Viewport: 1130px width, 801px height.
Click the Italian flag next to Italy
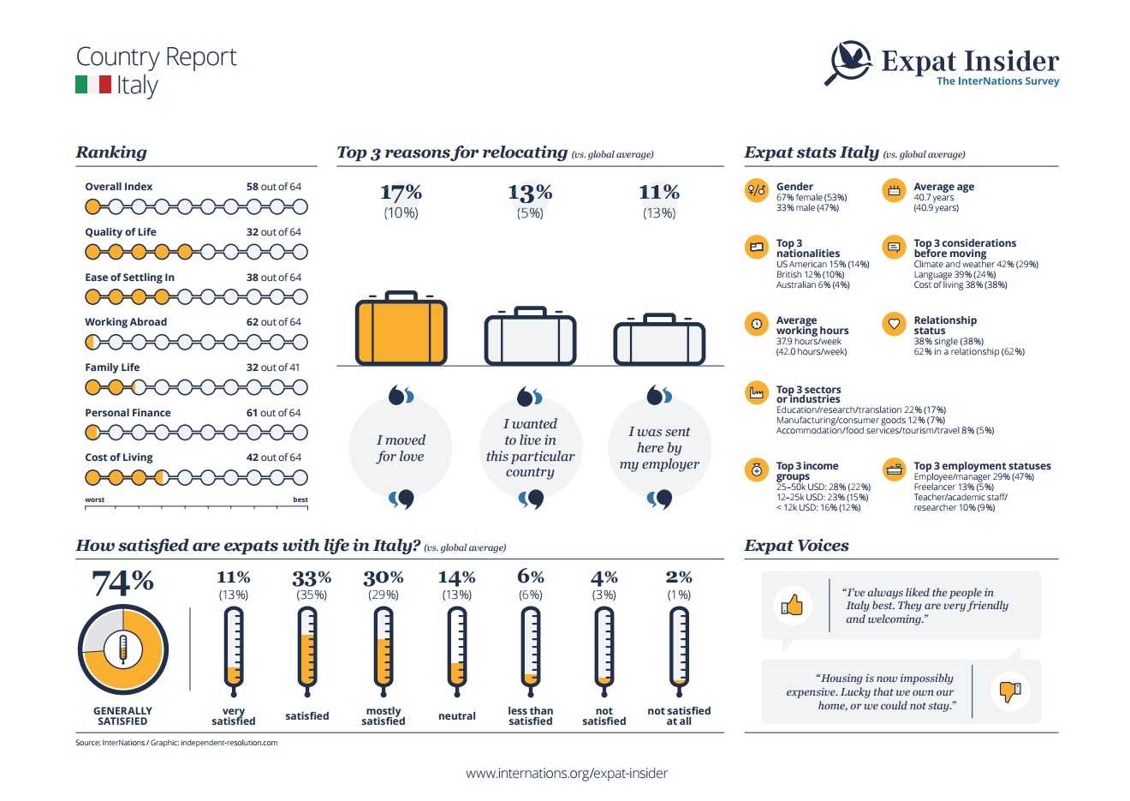[x=93, y=85]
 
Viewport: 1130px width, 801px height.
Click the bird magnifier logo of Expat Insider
[x=849, y=63]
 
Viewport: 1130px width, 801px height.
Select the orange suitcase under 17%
[x=401, y=329]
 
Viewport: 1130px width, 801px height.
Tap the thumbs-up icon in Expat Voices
[x=792, y=606]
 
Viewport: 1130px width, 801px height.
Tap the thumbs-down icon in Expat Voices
[x=1010, y=690]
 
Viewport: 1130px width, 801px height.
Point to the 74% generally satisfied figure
[x=122, y=583]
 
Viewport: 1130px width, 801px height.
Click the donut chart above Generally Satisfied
[x=122, y=649]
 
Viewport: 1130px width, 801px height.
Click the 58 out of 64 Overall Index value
[x=273, y=187]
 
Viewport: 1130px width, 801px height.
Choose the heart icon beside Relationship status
[x=894, y=324]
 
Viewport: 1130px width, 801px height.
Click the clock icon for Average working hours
[x=757, y=324]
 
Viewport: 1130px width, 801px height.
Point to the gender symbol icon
[x=757, y=190]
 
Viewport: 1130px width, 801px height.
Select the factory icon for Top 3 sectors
[x=757, y=393]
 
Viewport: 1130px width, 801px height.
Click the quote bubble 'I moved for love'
[x=401, y=448]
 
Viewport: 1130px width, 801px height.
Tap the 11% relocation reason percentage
[x=658, y=193]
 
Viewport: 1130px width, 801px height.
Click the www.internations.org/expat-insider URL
[x=566, y=773]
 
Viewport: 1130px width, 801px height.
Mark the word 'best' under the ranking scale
[x=300, y=499]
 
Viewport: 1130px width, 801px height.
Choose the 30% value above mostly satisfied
[x=383, y=577]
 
